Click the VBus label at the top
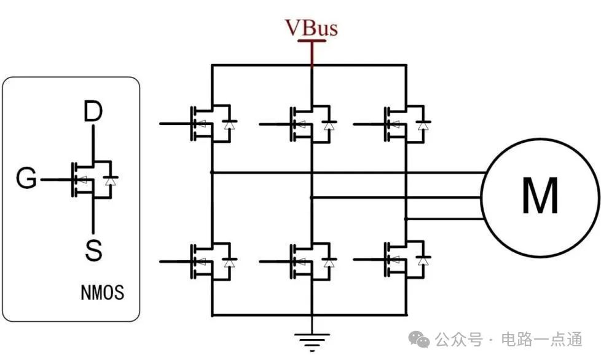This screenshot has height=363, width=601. pyautogui.click(x=311, y=28)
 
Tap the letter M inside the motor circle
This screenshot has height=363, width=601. pyautogui.click(x=540, y=196)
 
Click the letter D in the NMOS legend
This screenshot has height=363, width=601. pyautogui.click(x=93, y=112)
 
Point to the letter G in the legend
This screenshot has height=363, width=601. pyautogui.click(x=26, y=180)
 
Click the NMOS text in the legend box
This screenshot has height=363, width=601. pyautogui.click(x=102, y=292)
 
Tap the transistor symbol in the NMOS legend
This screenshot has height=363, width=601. pyautogui.click(x=92, y=180)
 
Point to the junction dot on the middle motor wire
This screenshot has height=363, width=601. pyautogui.click(x=312, y=197)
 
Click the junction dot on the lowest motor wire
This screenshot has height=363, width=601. pyautogui.click(x=406, y=218)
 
